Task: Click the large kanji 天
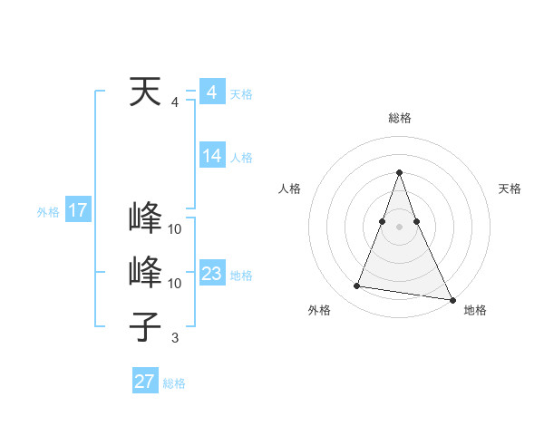point(146,92)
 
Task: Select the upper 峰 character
point(146,218)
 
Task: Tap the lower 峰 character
point(146,273)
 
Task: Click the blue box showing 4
point(211,92)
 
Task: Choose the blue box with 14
point(211,156)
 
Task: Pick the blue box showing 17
point(78,211)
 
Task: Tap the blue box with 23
point(211,274)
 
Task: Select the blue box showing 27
point(145,382)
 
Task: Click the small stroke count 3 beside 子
point(175,338)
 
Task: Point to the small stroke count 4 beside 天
point(175,102)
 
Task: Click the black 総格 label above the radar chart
point(400,118)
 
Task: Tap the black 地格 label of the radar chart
point(475,310)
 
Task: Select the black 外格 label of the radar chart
point(319,310)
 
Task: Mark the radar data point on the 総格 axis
point(400,173)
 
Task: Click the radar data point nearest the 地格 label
point(452,299)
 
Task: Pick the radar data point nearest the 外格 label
point(356,286)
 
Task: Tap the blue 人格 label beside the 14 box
point(241,158)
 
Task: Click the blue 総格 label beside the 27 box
point(174,383)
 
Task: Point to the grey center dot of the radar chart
point(400,227)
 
